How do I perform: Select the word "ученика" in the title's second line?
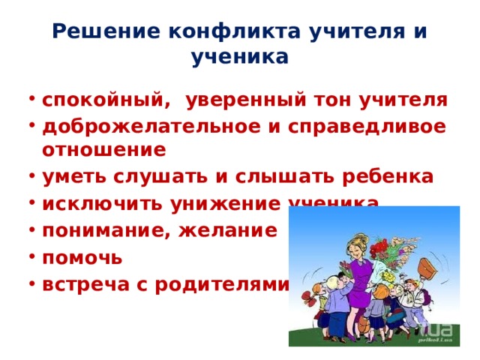(240, 57)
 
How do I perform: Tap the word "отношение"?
(103, 150)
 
